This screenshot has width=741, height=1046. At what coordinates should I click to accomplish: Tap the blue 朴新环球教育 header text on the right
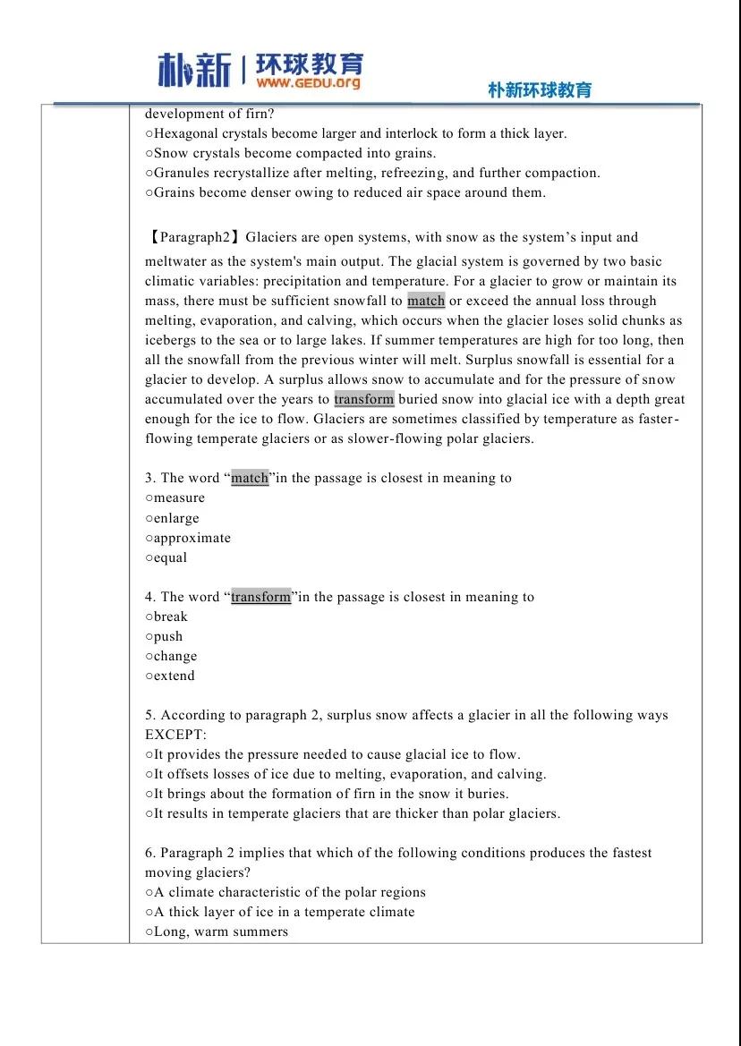coord(540,90)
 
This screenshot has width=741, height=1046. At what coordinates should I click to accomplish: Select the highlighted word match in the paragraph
coord(426,301)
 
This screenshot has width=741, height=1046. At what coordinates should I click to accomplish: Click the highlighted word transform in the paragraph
coord(364,399)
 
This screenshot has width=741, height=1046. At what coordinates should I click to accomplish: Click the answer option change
coord(175,656)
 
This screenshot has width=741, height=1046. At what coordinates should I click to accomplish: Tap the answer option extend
coord(174,676)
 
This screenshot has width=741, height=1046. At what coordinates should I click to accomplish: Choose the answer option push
coord(167,636)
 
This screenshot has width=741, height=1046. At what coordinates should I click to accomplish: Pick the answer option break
coord(170,617)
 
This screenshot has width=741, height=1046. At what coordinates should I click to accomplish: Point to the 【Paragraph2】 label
coord(192,237)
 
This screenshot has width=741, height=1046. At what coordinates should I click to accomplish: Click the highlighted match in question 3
coord(250,478)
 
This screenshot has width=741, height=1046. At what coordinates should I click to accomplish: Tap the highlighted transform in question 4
coord(261,597)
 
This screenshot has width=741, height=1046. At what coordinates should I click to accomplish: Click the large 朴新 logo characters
coord(194,70)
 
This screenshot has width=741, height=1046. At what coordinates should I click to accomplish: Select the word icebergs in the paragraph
coord(172,340)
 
